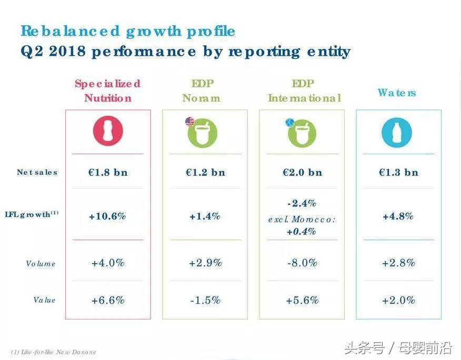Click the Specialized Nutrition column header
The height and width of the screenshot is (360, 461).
(x=107, y=91)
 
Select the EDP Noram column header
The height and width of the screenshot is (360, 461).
(x=201, y=91)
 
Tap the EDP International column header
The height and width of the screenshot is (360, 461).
(x=304, y=91)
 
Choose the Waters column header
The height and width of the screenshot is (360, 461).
(x=397, y=93)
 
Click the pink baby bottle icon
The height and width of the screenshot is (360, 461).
(x=107, y=132)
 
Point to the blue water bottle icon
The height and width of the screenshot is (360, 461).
(x=397, y=132)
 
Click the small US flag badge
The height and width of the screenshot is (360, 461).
(x=189, y=122)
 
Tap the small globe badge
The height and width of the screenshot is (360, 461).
(x=289, y=122)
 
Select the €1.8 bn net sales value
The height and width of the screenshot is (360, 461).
(x=107, y=172)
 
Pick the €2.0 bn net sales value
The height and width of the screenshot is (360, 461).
(x=302, y=172)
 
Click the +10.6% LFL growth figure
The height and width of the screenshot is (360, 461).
(x=107, y=216)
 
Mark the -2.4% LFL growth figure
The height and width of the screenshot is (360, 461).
(x=302, y=203)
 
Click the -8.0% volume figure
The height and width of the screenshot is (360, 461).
(x=302, y=263)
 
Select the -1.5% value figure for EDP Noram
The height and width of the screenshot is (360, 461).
(x=205, y=300)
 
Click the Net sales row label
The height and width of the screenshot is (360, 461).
(x=37, y=172)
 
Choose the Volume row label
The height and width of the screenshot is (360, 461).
(x=41, y=264)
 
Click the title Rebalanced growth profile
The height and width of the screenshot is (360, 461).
(x=128, y=31)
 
